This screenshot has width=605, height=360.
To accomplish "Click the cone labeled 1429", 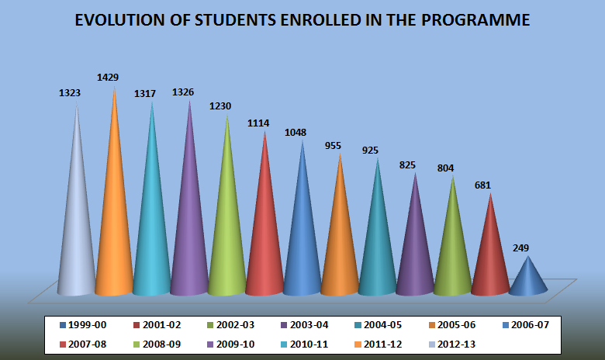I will click(x=114, y=225).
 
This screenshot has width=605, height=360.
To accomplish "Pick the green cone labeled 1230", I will click(x=226, y=233).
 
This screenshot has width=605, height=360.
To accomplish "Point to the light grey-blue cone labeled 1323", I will click(x=76, y=233).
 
